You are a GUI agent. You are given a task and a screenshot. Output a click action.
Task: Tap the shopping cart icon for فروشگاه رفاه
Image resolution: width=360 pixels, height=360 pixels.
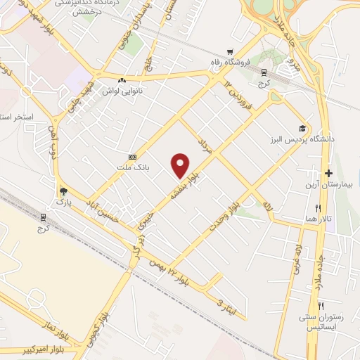[230, 52]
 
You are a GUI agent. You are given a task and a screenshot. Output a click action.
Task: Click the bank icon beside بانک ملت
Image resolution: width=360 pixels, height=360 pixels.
[131, 157]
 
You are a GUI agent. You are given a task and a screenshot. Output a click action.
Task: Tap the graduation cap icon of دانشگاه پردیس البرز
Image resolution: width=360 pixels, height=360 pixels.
[302, 129]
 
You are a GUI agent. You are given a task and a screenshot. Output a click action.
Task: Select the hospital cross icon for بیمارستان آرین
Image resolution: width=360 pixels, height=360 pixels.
[328, 173]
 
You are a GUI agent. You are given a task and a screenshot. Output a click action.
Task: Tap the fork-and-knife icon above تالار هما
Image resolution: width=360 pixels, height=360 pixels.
[318, 208]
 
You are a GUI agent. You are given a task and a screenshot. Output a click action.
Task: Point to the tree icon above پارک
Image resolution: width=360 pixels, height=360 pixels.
[64, 191]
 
